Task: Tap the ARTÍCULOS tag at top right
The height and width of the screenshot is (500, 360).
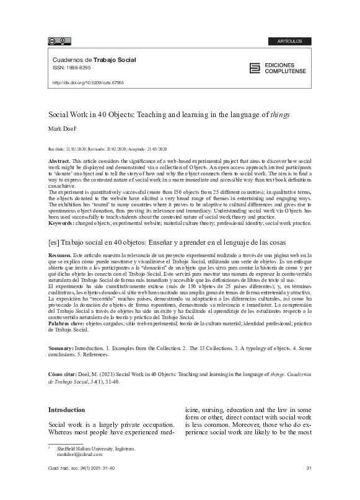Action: pos(290,42)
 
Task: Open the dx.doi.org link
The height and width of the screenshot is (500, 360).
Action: pos(88,82)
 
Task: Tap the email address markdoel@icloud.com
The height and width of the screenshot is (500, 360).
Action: pos(79,454)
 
